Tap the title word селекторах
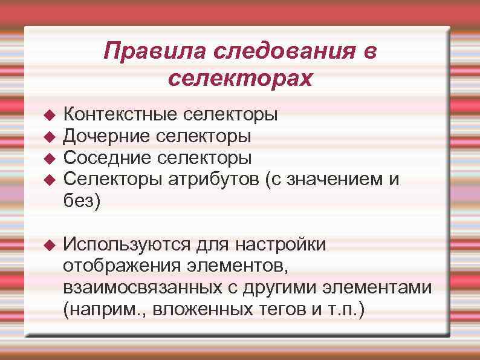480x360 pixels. [x=240, y=78]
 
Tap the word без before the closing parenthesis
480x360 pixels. [x=77, y=201]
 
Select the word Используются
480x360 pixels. [x=126, y=244]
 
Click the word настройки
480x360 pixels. [x=281, y=244]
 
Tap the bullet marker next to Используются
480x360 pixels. [x=50, y=245]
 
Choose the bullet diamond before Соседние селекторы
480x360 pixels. [x=50, y=158]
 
